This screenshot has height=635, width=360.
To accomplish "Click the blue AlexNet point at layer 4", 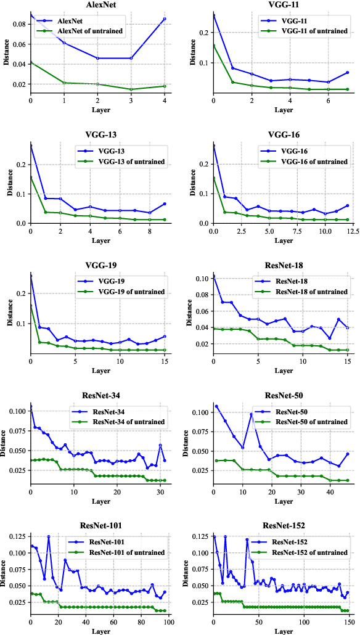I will pos(164,19).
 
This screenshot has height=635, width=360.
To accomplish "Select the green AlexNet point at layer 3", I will pos(131,89).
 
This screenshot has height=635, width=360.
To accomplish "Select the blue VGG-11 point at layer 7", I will pos(348,73).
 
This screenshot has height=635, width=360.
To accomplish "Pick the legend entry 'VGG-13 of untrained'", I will pos(126,162).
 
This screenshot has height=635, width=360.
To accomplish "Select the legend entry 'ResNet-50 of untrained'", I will pos(307,422).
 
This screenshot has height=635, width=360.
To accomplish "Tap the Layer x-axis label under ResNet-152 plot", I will pos(283,631).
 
